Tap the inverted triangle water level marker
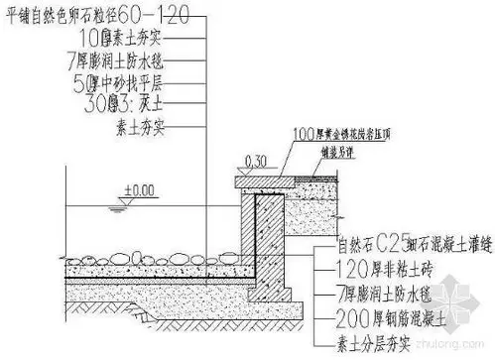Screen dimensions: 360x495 [118, 202]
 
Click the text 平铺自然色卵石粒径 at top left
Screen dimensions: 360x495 [75, 15]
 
